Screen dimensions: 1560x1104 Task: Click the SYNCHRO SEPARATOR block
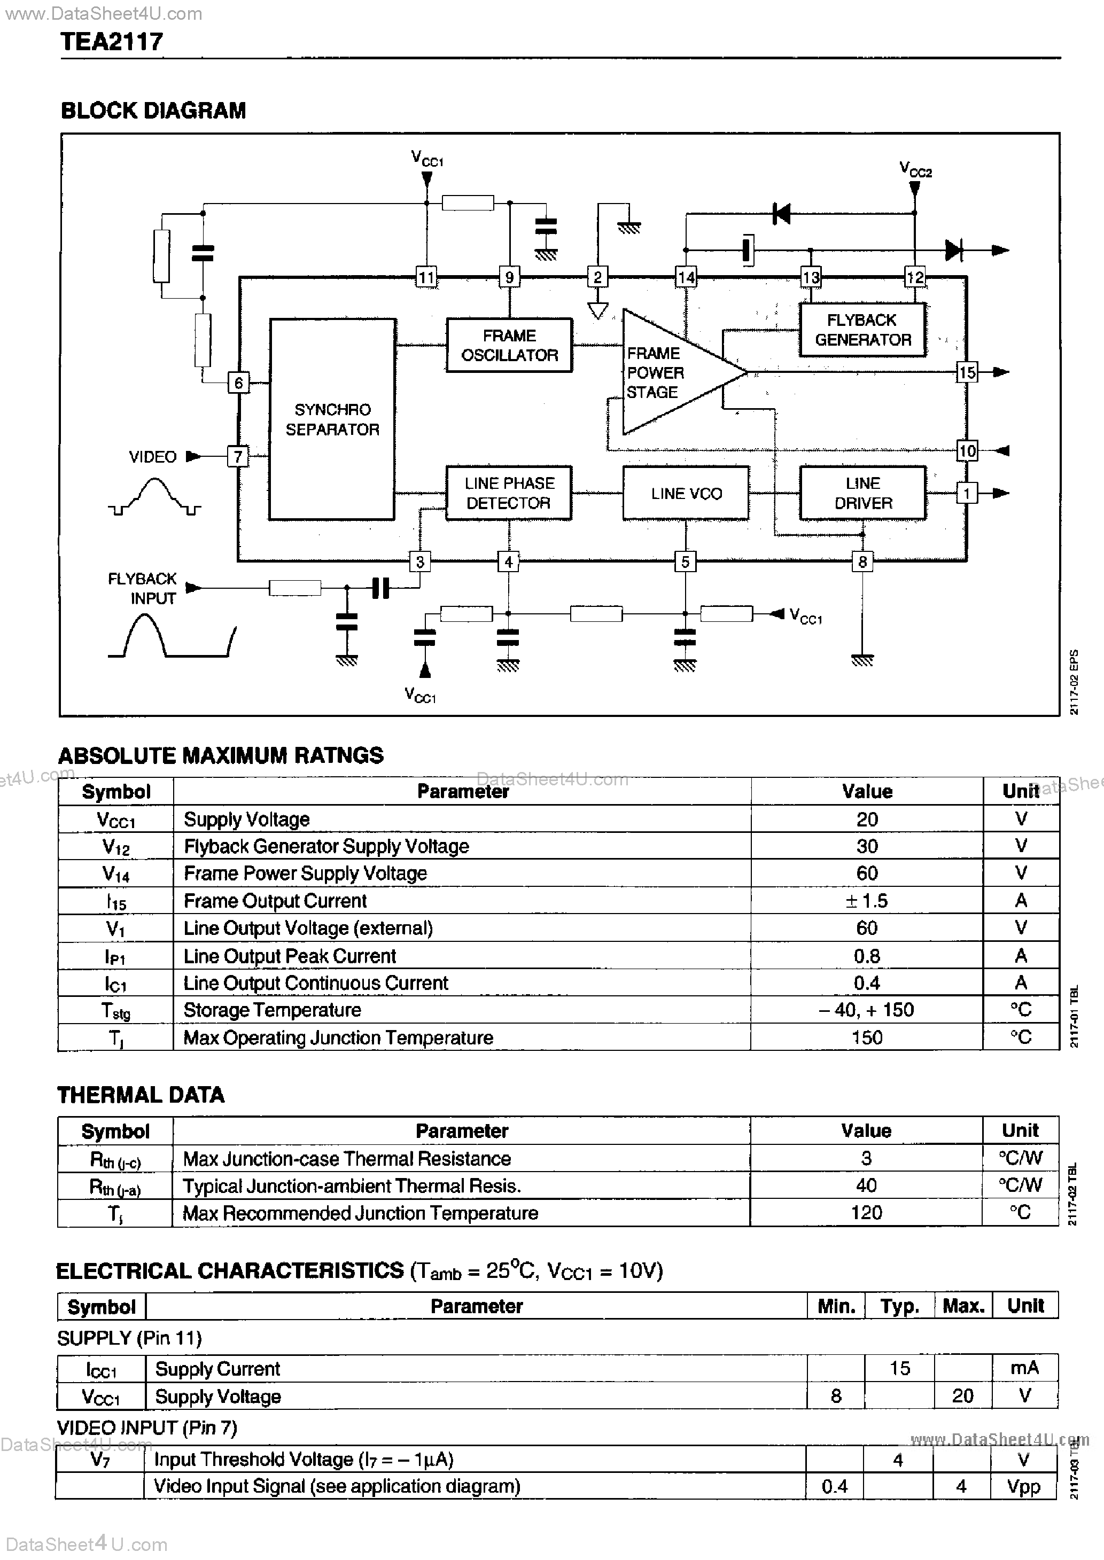[x=332, y=419]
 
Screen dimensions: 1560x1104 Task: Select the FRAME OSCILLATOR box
[x=509, y=345]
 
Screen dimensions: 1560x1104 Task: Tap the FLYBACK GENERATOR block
[x=862, y=330]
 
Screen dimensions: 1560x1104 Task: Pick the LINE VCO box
[x=686, y=493]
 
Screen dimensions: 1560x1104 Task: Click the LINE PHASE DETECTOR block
[x=509, y=493]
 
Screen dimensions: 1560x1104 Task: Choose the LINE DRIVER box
[x=862, y=493]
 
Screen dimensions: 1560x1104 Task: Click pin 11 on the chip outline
[x=426, y=277]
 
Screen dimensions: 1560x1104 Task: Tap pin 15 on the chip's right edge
[x=967, y=372]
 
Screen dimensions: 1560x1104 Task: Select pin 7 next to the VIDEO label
[x=238, y=457]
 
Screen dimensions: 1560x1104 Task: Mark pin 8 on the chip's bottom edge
[x=862, y=562]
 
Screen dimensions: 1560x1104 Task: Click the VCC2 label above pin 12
[x=915, y=168]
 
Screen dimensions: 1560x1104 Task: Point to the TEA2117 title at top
[x=112, y=42]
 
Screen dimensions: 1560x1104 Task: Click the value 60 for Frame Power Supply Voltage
[x=867, y=873]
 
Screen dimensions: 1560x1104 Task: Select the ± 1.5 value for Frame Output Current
[x=867, y=901]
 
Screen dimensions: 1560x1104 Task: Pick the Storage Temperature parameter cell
[x=272, y=1010]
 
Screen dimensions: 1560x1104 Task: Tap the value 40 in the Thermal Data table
[x=866, y=1185]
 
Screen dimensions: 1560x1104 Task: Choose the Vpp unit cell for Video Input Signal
[x=1024, y=1487]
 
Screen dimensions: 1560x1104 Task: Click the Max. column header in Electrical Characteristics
[x=963, y=1306]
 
